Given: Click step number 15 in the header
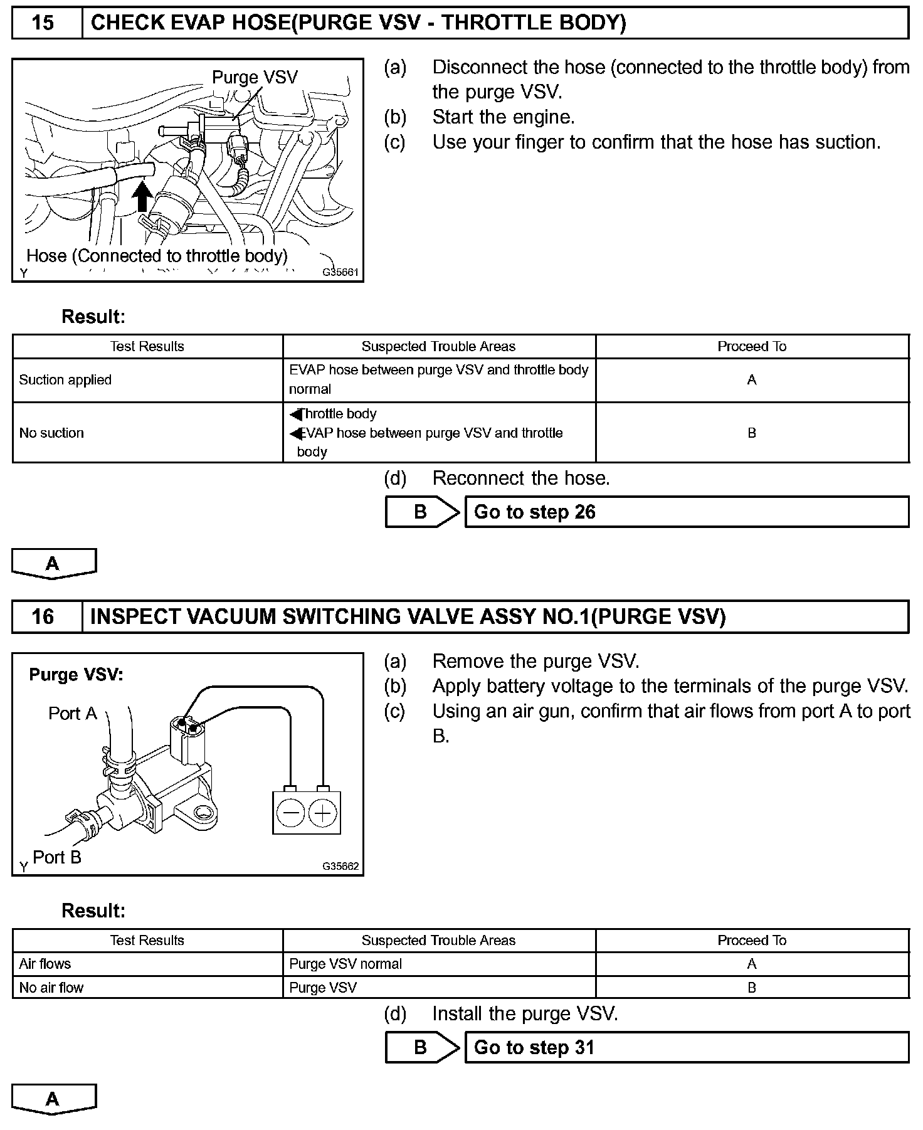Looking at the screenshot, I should point(43,23).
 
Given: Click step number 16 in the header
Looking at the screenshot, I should point(43,616).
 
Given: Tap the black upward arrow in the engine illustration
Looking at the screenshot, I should point(143,196).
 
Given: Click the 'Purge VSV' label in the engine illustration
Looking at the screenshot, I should point(255,77).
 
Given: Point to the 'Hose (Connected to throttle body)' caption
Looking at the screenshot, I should point(157,256).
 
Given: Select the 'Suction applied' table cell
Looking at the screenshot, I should point(65,380).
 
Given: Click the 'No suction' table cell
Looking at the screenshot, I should point(51,433).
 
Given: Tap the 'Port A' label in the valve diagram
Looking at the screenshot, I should point(73,714).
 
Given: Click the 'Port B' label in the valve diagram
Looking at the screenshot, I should point(57,857).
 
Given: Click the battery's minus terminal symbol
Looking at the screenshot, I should point(290,814).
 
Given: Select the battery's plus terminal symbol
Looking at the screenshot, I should point(323,814).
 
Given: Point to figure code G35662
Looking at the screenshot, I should point(340,866).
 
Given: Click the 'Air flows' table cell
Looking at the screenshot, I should point(45,964).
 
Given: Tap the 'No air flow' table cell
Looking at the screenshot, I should point(51,988).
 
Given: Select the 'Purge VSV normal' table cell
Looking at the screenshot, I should point(345,964).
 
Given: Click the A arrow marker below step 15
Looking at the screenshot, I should point(53,563).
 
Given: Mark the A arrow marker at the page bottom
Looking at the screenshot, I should point(53,1099).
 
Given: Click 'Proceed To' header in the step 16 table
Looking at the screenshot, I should point(752,940).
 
